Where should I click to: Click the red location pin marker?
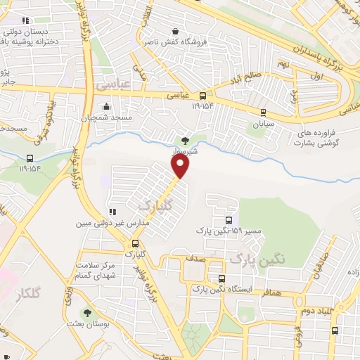pos(181,166)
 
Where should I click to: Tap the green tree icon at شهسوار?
pos(185,141)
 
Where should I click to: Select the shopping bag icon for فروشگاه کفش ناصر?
pos(175,31)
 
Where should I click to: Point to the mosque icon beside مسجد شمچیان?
pos(106,107)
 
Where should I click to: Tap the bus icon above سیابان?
pos(263,111)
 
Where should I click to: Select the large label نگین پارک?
pos(259,258)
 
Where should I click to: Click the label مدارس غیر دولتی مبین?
pos(112,224)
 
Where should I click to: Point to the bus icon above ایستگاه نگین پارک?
pos(221,278)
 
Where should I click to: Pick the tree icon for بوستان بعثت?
pos(87,313)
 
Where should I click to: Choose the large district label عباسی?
pos(113,85)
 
